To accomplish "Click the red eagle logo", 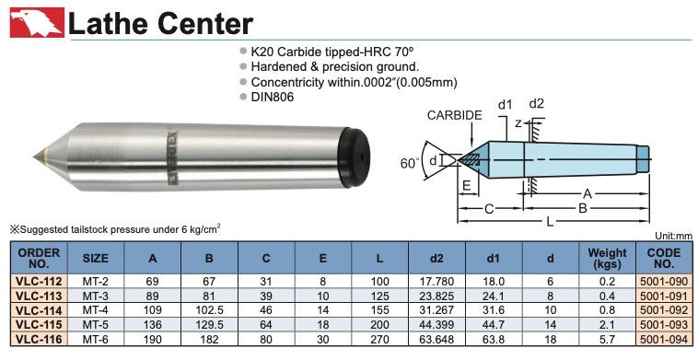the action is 38,22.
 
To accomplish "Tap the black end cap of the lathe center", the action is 355,157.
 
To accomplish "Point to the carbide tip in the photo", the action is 38,157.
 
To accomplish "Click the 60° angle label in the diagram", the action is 410,163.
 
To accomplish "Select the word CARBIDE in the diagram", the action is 455,115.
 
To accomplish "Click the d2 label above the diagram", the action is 537,104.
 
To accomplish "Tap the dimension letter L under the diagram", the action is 551,221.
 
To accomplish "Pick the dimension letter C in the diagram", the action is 489,209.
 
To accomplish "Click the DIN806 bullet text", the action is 273,97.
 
